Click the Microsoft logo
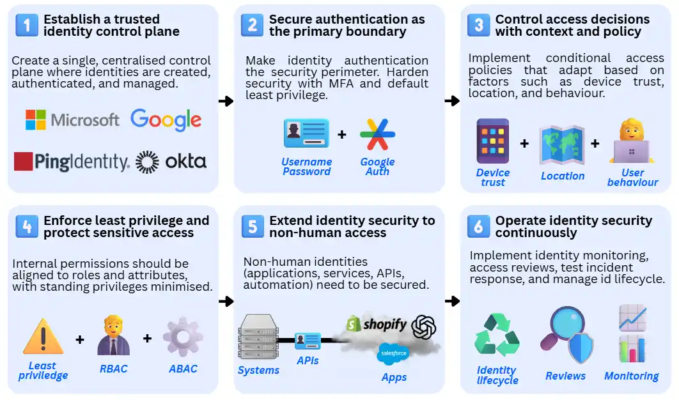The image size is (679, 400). coord(72,120)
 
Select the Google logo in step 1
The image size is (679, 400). coord(166,119)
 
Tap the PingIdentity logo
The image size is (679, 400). coord(72,162)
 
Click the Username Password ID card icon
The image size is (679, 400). coord(306,134)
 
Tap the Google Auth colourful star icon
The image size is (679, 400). coord(377,134)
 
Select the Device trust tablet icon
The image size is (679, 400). coord(492,141)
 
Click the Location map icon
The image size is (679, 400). coord(562,144)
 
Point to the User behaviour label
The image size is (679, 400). coord(632,178)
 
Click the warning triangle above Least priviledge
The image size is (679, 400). coord(43,337)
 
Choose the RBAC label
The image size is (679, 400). coord(113,369)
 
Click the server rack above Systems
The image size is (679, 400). coord(258,337)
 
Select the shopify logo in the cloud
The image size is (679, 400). coord(376,325)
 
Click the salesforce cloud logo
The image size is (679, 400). coord(394,351)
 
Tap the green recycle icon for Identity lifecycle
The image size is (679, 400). coord(497,339)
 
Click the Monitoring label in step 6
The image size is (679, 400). coord(631,376)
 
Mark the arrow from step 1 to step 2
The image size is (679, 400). coord(226,101)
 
